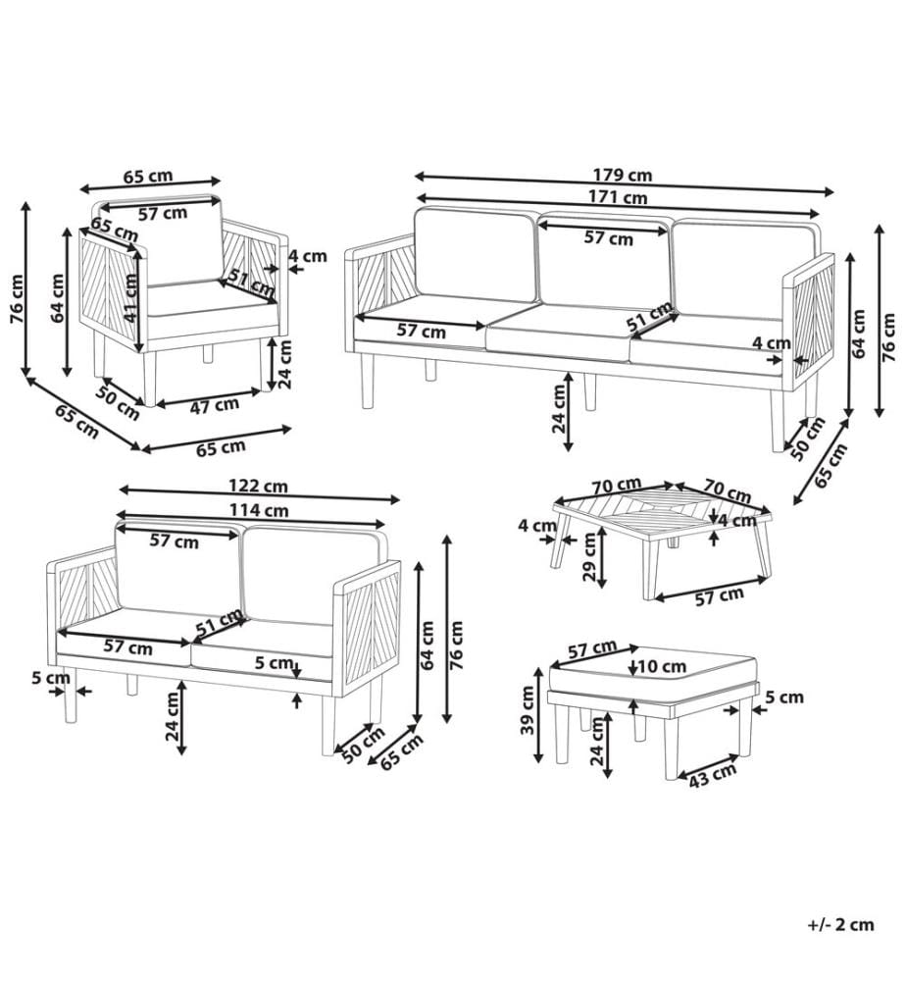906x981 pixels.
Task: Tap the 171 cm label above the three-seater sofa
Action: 617,198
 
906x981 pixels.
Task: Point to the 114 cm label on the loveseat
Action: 259,510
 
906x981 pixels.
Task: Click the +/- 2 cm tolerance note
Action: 840,925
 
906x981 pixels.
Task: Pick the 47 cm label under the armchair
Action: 215,406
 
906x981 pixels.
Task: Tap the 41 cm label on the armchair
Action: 130,298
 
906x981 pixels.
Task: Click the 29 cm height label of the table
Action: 589,558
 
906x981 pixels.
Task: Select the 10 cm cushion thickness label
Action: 663,667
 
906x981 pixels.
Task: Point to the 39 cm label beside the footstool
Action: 528,710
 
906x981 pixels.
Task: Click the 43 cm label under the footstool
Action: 713,776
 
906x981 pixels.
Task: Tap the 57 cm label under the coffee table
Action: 720,596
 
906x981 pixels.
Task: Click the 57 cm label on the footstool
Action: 592,650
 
